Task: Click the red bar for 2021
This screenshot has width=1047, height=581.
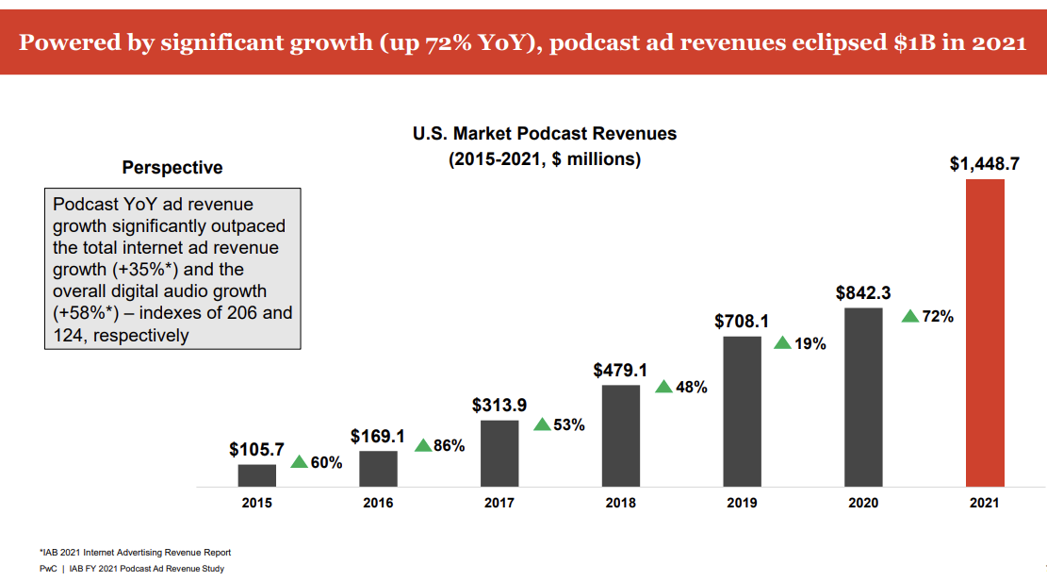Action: tap(985, 332)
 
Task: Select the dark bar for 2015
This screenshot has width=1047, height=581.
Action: tap(256, 475)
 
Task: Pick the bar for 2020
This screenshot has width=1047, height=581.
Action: tap(863, 397)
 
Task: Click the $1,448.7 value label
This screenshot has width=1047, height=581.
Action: tap(984, 164)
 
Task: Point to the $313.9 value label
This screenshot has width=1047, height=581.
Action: tap(499, 406)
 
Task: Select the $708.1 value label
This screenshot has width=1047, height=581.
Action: tap(742, 322)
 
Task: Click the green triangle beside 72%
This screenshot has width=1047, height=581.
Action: tap(910, 316)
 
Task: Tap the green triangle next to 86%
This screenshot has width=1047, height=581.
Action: tap(423, 445)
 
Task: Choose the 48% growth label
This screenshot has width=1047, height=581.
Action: tap(691, 387)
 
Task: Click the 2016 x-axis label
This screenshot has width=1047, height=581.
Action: tap(378, 503)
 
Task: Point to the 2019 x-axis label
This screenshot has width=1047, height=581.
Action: tap(742, 503)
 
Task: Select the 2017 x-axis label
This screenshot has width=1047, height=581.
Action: tap(499, 503)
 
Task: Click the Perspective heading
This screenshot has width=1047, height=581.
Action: tap(172, 168)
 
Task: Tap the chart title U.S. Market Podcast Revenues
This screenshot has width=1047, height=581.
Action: tap(545, 134)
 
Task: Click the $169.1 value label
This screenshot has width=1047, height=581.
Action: tap(377, 437)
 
